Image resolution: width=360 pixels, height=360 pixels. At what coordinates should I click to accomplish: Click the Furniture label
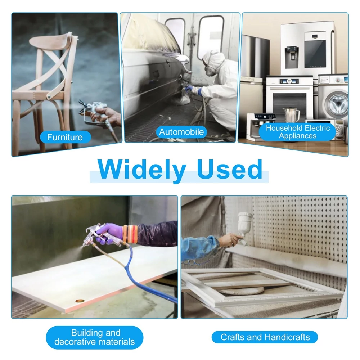click(65, 137)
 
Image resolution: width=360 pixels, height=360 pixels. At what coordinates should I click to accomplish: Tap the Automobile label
click(181, 132)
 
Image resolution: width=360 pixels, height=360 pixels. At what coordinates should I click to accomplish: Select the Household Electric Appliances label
click(298, 132)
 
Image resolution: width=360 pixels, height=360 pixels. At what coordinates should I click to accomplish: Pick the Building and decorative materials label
click(95, 337)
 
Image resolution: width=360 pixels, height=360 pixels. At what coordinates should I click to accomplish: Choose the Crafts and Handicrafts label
click(265, 337)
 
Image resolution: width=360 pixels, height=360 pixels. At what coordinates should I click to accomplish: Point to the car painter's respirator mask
click(211, 69)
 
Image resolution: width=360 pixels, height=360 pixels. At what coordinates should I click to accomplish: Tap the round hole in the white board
click(80, 300)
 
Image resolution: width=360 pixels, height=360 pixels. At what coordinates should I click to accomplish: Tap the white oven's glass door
click(289, 101)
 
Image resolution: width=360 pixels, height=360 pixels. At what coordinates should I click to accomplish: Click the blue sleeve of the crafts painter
click(199, 248)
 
